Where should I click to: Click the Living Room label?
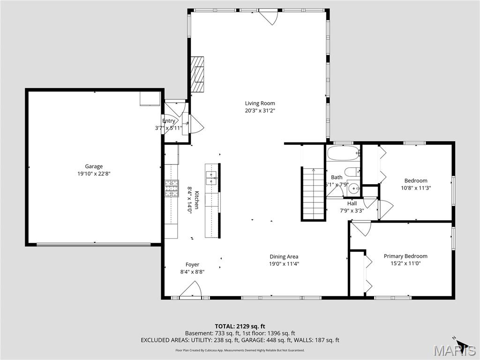click(260, 103)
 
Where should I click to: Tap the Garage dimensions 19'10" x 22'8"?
click(94, 173)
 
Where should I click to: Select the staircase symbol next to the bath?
click(313, 193)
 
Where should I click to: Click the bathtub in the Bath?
click(343, 153)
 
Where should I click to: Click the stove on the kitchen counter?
click(172, 188)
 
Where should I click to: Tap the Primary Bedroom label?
click(405, 256)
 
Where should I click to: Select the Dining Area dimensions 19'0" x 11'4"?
click(284, 263)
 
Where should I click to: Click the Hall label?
click(352, 203)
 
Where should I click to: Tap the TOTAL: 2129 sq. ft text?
click(240, 326)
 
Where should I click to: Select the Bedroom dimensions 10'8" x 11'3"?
click(416, 188)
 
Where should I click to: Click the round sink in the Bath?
click(354, 189)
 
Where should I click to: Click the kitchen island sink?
click(212, 176)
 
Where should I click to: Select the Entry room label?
click(169, 121)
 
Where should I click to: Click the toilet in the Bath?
click(352, 172)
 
